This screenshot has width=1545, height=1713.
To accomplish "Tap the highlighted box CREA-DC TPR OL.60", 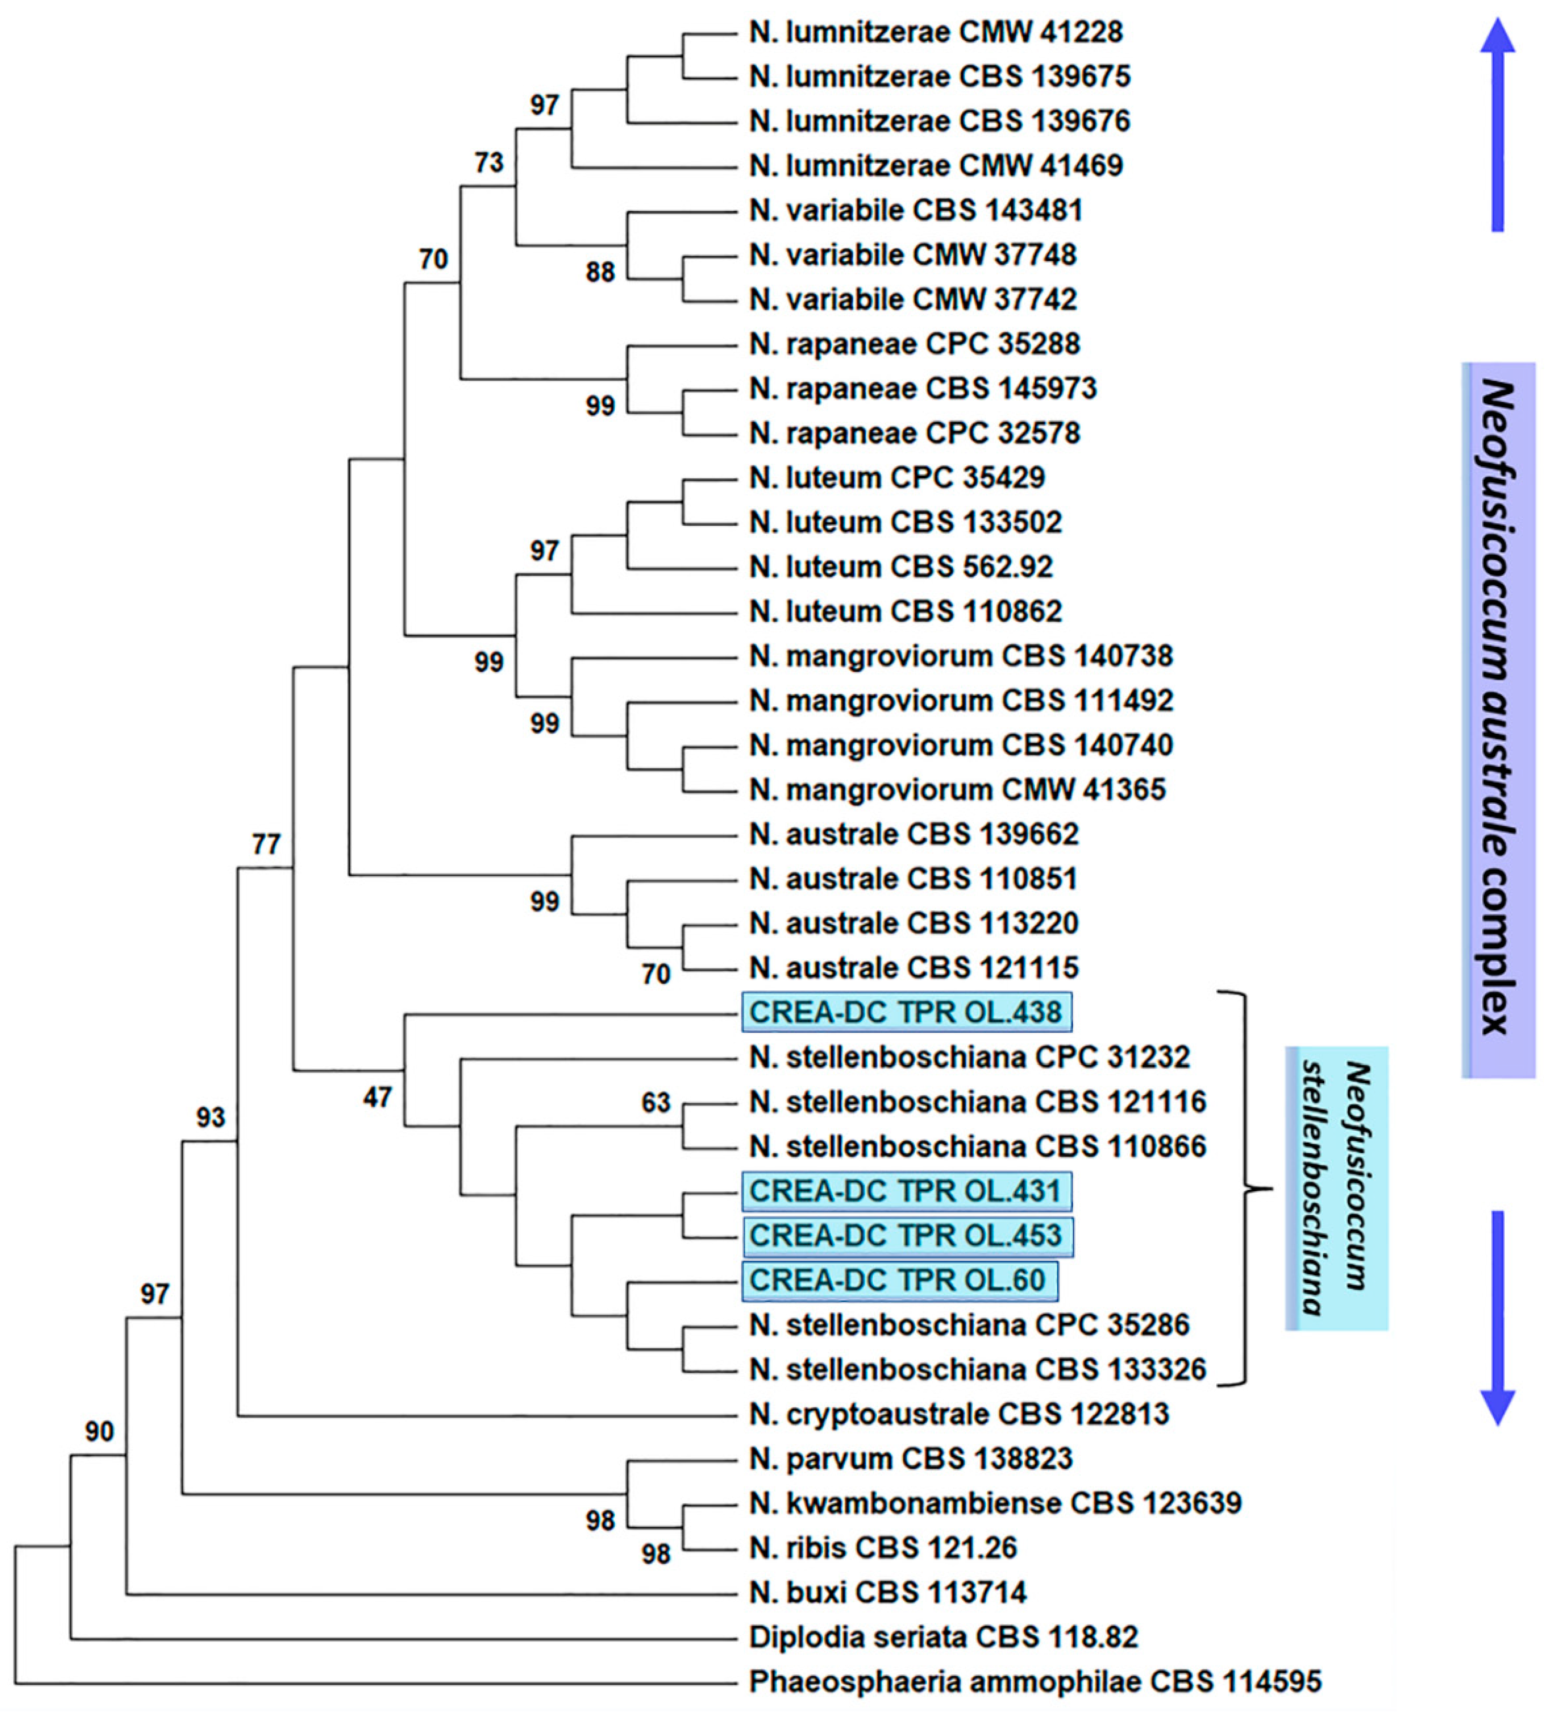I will point(899,1280).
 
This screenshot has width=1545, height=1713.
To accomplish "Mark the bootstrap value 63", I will point(655,1103).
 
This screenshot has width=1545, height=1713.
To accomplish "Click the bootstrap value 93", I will point(211,1117).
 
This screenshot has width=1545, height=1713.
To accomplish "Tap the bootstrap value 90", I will point(99,1432).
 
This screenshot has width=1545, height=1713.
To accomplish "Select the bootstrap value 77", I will point(266,845).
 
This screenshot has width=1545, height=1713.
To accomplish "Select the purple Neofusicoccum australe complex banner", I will point(1499,720).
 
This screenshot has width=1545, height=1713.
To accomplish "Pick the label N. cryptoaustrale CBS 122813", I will point(959,1414).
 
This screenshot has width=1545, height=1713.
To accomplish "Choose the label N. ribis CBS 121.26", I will point(883,1547).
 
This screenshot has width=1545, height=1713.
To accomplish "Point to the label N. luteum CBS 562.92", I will point(901,567).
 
